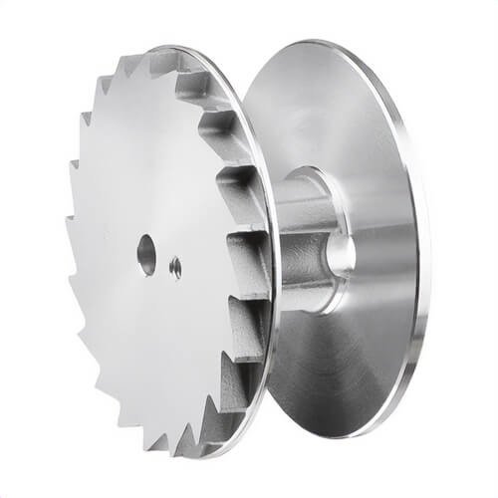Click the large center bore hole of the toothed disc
tap(146, 253)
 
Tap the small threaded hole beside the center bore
tap(175, 266)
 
